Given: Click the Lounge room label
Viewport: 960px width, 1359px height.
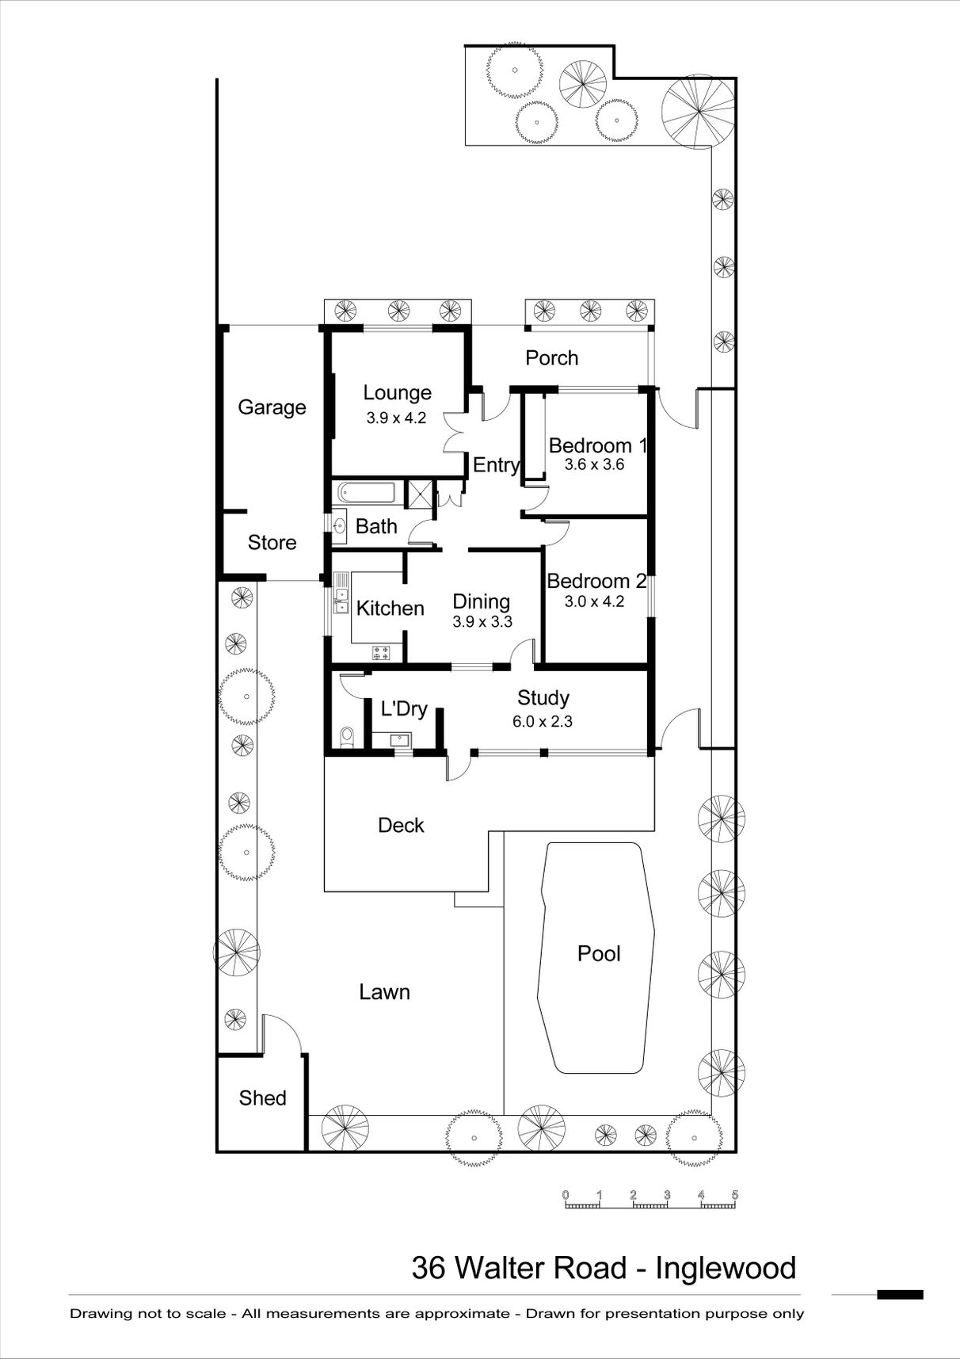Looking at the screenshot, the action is [x=397, y=393].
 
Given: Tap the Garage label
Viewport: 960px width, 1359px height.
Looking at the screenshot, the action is [x=272, y=407].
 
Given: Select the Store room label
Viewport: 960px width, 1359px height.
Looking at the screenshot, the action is [x=272, y=543].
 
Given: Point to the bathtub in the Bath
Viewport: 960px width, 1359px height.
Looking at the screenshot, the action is [x=367, y=493].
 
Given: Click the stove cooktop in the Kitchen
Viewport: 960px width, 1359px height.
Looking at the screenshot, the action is [x=381, y=653].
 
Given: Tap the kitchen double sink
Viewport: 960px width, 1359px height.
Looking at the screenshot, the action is [x=341, y=601].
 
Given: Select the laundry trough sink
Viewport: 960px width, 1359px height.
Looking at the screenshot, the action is [x=401, y=740].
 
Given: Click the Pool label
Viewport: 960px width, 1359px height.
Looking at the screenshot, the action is [x=599, y=953].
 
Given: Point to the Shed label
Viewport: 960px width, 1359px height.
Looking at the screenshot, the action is [x=262, y=1098].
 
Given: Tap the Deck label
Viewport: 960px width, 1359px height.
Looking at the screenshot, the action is [x=401, y=826].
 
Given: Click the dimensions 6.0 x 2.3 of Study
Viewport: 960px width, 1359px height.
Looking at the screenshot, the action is [x=543, y=722].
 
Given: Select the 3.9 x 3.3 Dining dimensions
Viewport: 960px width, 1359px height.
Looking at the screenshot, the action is [x=482, y=622].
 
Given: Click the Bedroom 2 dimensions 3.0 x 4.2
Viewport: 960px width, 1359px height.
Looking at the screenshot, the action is [x=594, y=601].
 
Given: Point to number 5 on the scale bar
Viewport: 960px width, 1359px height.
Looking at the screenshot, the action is [x=735, y=1195].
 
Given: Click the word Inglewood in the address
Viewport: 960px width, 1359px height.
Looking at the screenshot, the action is [x=726, y=1269].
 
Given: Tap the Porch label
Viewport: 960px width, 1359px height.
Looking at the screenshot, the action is [x=551, y=358].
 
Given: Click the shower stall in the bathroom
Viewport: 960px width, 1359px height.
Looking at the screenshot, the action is [x=417, y=493].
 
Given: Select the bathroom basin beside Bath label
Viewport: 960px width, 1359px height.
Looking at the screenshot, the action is [x=340, y=525].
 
